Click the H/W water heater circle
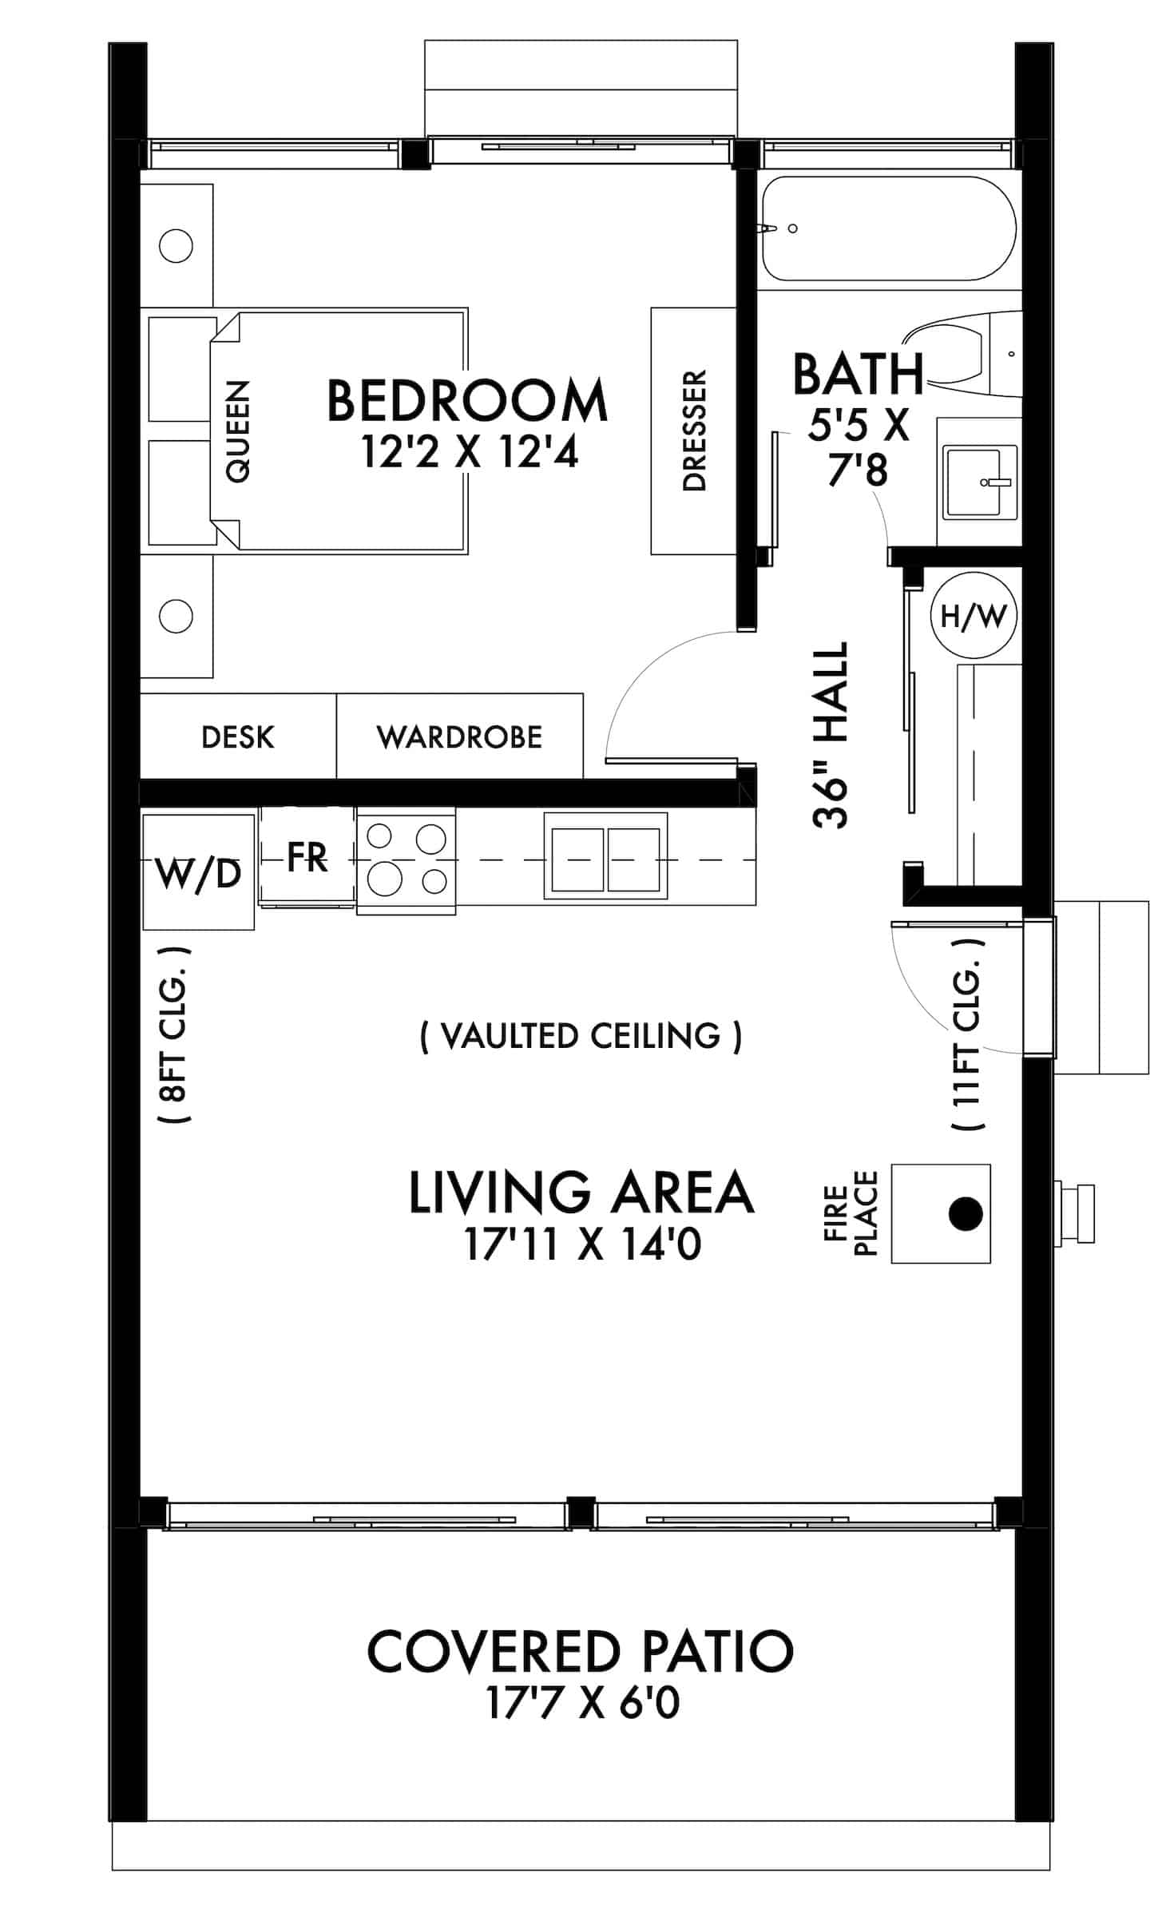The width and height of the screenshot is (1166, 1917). coord(974,615)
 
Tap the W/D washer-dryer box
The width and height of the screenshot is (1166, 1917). coord(198,873)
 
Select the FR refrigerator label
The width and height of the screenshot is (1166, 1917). coord(307,857)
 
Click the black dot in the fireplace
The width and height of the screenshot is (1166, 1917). coord(965,1213)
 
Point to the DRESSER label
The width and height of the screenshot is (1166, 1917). coord(694,431)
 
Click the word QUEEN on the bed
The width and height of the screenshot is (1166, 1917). coord(237,431)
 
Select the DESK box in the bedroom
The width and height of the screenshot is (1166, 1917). coord(237,736)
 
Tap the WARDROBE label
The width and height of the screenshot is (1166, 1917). coord(459,736)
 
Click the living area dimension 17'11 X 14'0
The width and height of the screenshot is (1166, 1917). coord(582,1244)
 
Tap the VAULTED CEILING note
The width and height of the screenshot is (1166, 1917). coord(581,1036)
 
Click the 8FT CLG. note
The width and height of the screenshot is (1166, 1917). coord(175,1035)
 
